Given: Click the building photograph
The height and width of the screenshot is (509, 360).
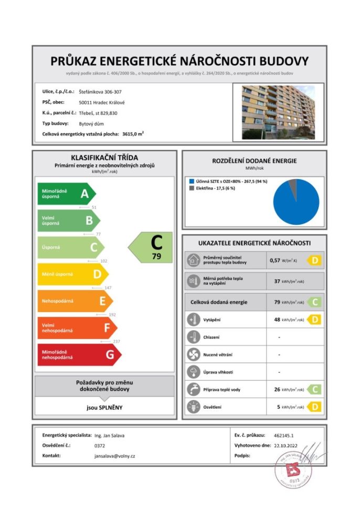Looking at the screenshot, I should click(x=278, y=112).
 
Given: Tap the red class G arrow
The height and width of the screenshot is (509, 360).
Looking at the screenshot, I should click(x=79, y=355).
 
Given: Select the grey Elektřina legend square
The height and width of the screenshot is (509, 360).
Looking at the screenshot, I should click(x=191, y=188).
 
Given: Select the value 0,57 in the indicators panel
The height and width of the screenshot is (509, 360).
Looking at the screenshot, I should click(x=275, y=260).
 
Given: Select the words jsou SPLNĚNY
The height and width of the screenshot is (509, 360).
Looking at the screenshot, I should click(x=104, y=407).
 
